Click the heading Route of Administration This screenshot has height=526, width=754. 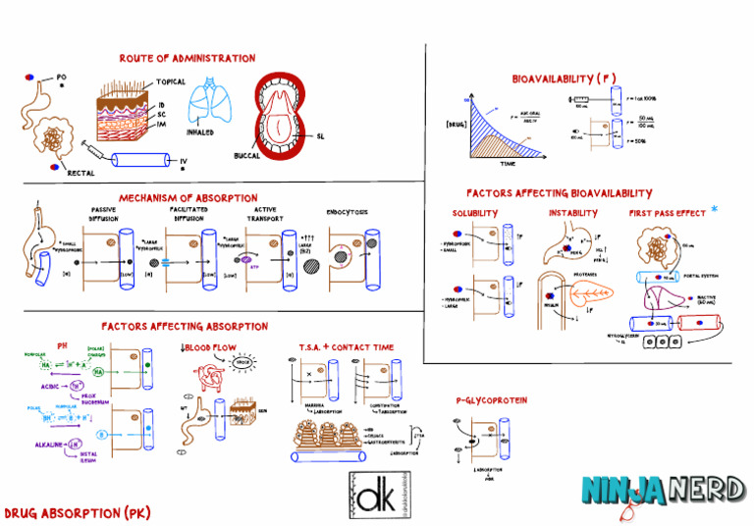tap(187, 59)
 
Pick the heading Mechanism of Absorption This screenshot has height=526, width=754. tap(188, 198)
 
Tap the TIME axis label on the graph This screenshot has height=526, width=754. tap(508, 165)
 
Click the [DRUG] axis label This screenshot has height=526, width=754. tap(457, 126)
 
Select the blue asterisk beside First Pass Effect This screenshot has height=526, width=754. tap(714, 209)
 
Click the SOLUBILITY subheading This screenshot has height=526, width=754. tap(475, 213)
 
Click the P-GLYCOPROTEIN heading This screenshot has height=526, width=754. tap(491, 401)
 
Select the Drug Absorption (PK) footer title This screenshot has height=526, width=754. tap(78, 513)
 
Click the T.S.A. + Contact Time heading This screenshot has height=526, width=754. tap(347, 347)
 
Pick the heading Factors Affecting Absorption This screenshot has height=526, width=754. tap(185, 326)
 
